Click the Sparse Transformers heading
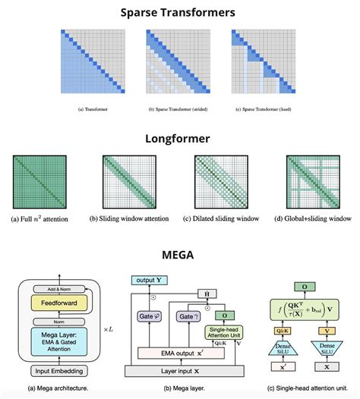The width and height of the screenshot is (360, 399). tap(179, 13)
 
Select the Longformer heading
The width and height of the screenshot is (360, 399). tap(179, 139)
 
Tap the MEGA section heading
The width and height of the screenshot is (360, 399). tap(179, 255)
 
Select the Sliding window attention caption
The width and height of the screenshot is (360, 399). tap(131, 220)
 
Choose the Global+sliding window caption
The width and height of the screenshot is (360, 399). tap(313, 220)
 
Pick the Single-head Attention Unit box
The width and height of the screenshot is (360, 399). tap(226, 331)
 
